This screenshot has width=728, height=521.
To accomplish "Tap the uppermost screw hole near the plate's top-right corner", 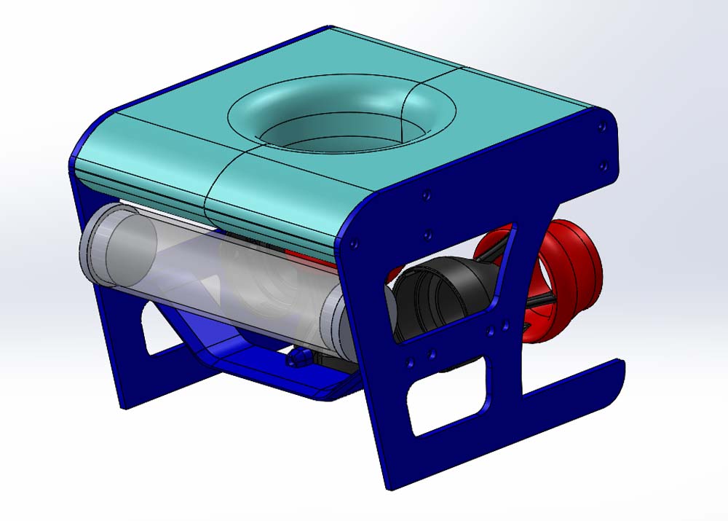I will click(x=601, y=128).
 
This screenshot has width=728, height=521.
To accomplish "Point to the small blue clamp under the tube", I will click(x=297, y=358).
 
